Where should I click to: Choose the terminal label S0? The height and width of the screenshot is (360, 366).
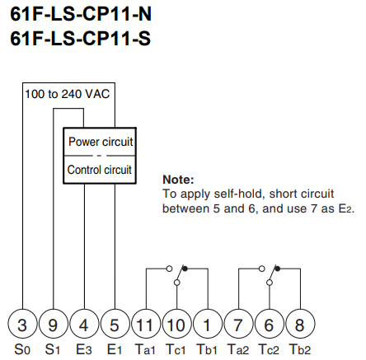pos(22,349)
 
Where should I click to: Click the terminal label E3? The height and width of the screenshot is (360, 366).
pos(84,349)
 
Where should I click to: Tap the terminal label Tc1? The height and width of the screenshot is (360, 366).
pos(176,349)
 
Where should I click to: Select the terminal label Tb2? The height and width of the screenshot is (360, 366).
pos(300,349)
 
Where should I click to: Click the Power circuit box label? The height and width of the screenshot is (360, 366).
pos(101,142)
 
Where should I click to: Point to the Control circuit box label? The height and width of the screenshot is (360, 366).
pos(100,170)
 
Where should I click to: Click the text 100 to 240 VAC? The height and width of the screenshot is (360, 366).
pos(68,94)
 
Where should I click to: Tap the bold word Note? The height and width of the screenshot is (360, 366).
pos(178,180)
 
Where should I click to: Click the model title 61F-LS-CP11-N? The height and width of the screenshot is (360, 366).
pos(81,14)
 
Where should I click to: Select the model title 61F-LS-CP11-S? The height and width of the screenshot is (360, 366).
pos(80,38)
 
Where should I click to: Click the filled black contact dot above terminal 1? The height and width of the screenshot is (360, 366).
pos(185,269)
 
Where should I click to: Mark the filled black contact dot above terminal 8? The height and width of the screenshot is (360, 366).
pos(278,269)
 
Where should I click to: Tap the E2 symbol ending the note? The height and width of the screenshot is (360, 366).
pos(345,208)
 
